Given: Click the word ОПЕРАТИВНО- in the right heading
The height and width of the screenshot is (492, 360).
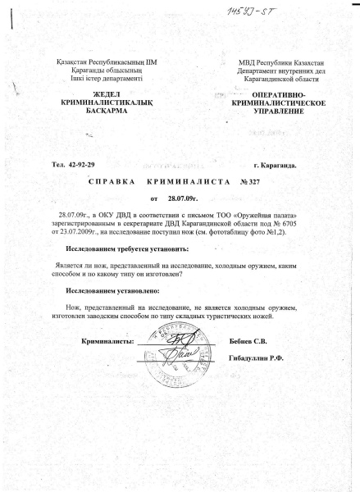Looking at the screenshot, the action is pos(267,96).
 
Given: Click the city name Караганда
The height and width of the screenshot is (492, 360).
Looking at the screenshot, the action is pos(274,166).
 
